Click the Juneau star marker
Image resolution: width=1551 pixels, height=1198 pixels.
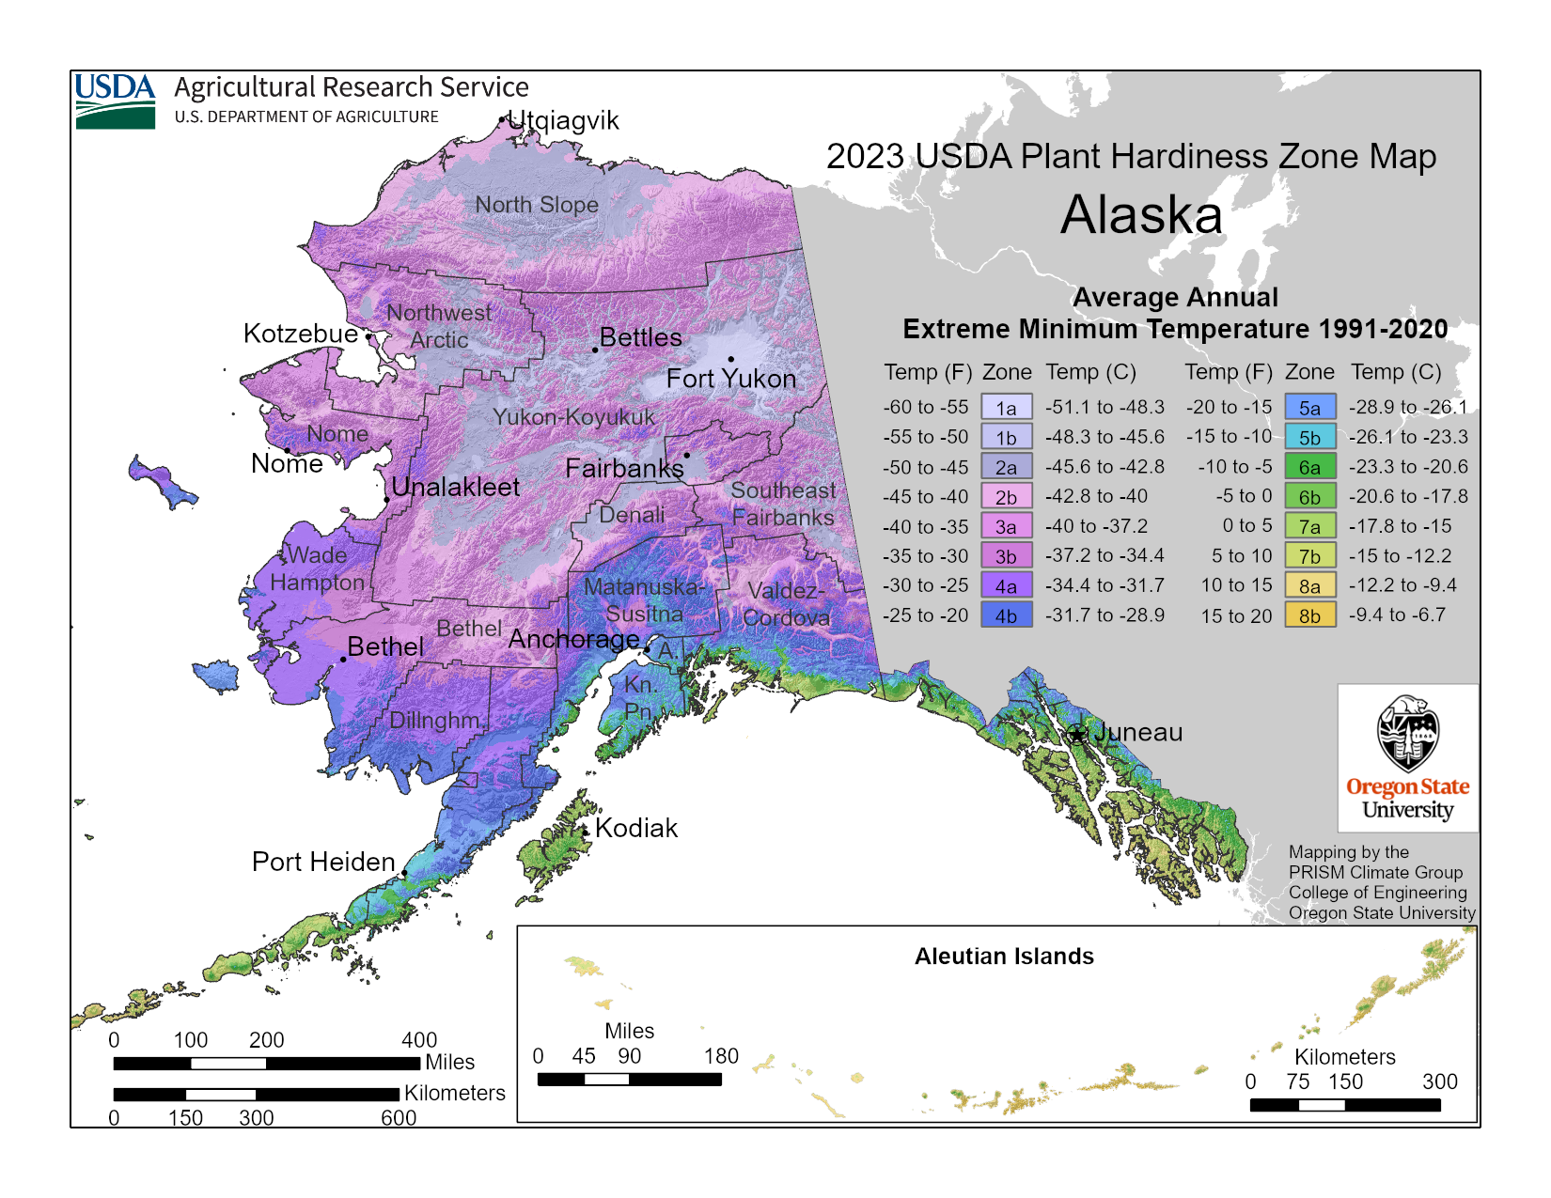1077,734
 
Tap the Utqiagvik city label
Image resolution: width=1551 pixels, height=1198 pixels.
563,120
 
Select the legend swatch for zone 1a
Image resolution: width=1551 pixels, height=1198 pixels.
1006,408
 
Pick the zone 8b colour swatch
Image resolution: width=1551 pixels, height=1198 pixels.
1309,615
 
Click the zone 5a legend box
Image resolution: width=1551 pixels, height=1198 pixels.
1309,408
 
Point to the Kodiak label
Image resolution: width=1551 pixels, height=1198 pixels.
636,828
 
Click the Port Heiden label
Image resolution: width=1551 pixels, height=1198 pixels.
323,862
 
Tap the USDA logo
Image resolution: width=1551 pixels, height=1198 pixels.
116,101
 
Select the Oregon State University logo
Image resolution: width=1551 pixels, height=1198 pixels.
1407,757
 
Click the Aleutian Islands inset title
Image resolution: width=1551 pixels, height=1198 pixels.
1004,957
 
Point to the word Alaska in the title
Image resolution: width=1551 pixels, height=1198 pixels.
1141,215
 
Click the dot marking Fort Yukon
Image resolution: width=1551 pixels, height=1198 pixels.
730,359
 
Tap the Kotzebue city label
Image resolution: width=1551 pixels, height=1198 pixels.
300,334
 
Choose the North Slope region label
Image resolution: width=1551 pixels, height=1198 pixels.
536,204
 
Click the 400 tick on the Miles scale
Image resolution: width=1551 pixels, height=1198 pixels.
419,1040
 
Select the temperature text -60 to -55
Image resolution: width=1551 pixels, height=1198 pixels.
925,407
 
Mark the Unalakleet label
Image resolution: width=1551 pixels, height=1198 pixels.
455,487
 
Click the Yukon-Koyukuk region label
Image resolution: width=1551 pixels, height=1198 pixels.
573,417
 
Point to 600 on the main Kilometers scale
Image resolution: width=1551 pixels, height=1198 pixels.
399,1117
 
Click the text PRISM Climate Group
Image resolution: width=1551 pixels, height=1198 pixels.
1375,872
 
